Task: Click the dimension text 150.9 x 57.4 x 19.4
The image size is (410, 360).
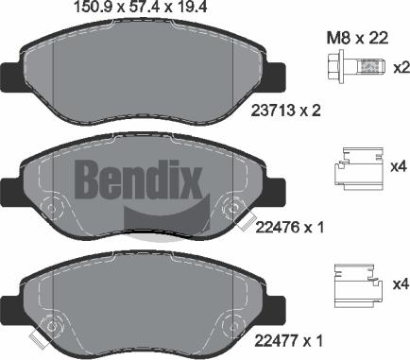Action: click(140, 7)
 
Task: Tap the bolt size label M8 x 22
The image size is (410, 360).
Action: click(358, 39)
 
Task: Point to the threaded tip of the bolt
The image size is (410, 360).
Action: click(371, 67)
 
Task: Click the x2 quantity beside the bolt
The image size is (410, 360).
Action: click(401, 68)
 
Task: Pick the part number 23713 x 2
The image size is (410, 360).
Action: click(285, 111)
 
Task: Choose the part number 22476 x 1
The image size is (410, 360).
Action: click(290, 227)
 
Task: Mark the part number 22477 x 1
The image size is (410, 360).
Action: click(289, 340)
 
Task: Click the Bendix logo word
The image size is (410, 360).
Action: click(138, 179)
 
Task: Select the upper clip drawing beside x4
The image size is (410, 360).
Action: click(359, 169)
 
